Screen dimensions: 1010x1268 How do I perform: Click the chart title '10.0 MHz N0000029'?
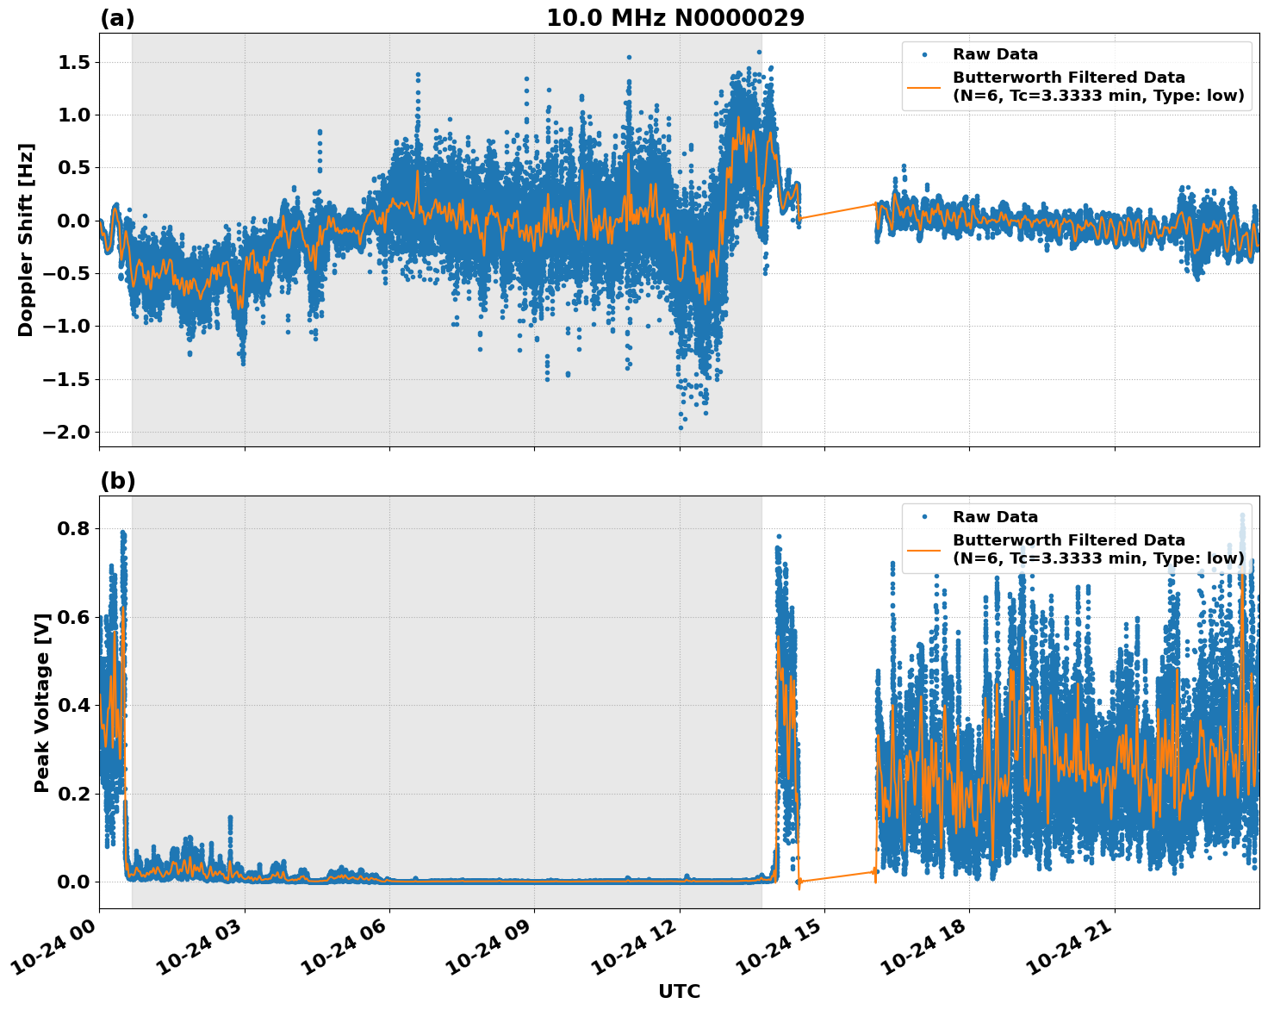pyautogui.click(x=675, y=18)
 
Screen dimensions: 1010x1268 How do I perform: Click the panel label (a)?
pyautogui.click(x=117, y=18)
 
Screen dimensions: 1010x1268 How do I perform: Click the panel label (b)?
pyautogui.click(x=117, y=481)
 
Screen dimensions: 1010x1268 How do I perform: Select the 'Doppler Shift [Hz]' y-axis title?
pyautogui.click(x=26, y=240)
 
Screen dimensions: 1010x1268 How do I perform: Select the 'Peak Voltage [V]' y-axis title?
pyautogui.click(x=41, y=702)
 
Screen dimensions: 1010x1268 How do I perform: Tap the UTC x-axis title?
pyautogui.click(x=679, y=991)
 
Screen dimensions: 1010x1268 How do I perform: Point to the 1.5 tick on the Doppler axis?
pyautogui.click(x=78, y=62)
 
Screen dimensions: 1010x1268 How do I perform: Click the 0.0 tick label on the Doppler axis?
pyautogui.click(x=78, y=221)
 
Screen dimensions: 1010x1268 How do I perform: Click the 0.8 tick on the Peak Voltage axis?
pyautogui.click(x=78, y=528)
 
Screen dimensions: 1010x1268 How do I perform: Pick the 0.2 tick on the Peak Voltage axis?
pyautogui.click(x=78, y=794)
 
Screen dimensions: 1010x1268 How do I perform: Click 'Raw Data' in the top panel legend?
pyautogui.click(x=995, y=54)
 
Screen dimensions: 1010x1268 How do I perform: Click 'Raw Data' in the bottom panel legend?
pyautogui.click(x=995, y=517)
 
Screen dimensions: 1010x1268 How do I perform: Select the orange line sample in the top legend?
pyautogui.click(x=923, y=87)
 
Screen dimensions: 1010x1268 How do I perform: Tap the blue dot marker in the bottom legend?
pyautogui.click(x=923, y=517)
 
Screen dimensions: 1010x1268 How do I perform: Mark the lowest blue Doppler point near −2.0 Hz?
pyautogui.click(x=681, y=427)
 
